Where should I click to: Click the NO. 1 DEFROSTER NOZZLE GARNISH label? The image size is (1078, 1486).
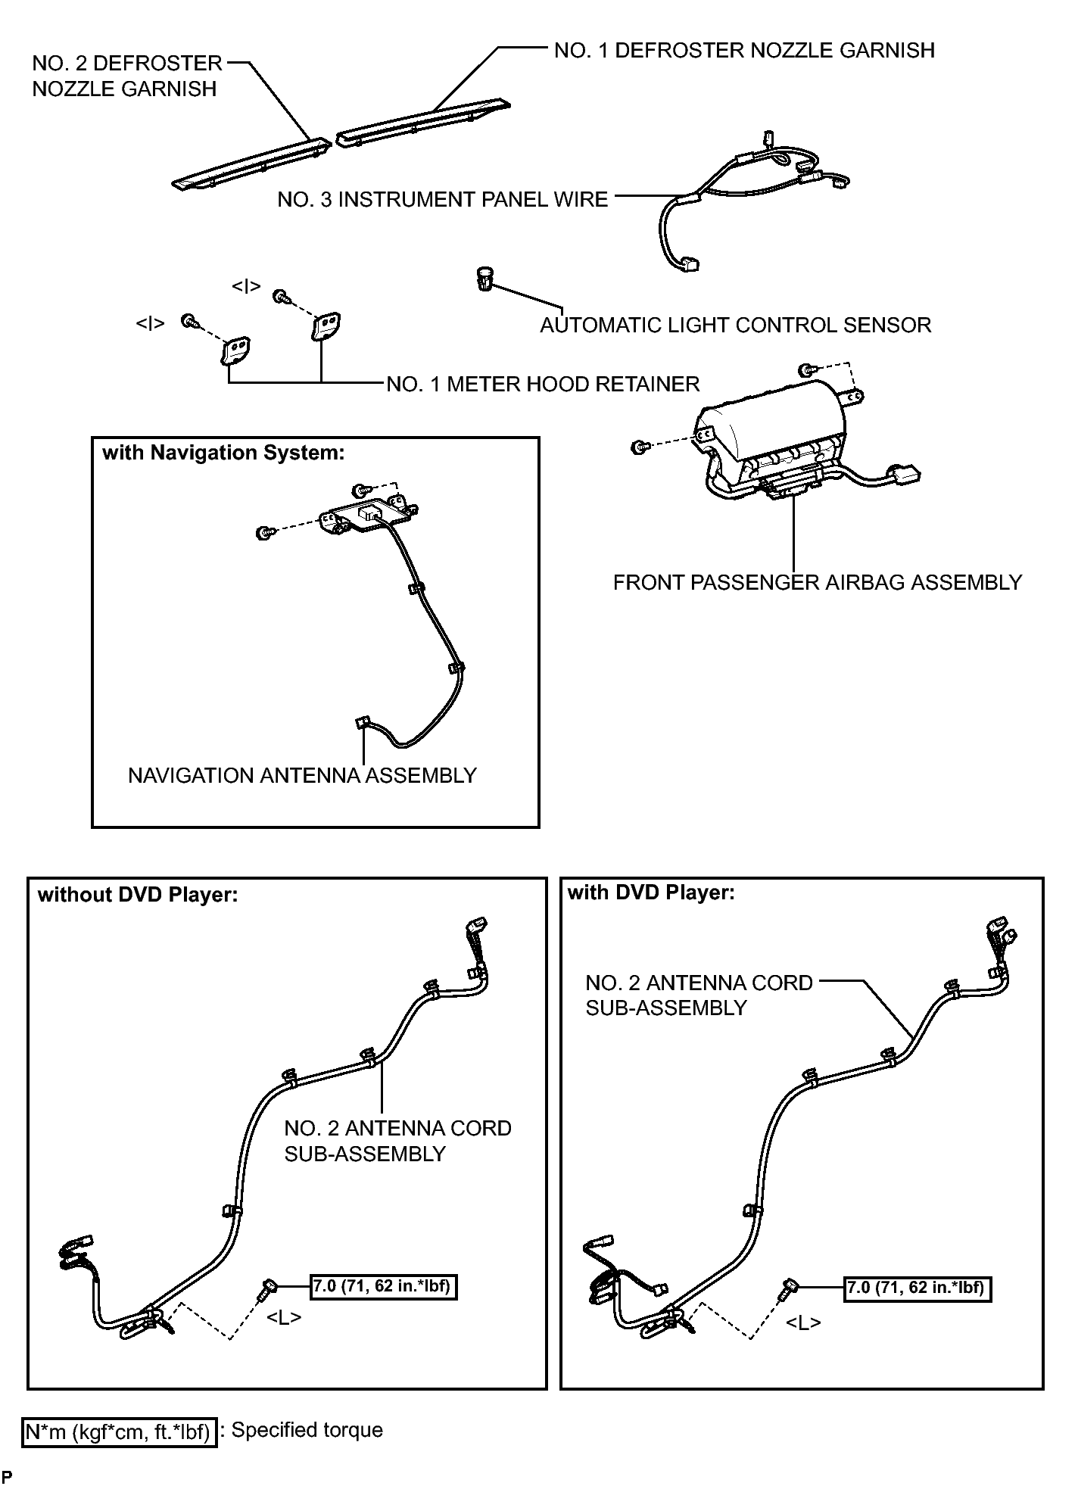coord(744,51)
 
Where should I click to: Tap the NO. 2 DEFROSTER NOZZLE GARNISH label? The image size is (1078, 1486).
coord(127,76)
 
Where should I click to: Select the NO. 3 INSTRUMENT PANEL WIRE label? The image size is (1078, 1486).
coord(443,200)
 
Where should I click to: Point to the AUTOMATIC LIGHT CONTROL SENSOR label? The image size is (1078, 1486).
coord(735,326)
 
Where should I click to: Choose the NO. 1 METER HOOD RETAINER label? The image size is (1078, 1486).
coord(543,385)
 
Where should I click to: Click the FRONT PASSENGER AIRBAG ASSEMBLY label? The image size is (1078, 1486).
coord(818,582)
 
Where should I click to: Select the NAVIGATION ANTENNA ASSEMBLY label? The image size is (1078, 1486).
coord(302,776)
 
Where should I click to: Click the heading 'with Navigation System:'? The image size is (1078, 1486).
coord(223,453)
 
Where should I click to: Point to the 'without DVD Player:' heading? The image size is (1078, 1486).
coord(138,895)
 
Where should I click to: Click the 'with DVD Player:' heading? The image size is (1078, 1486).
coord(651,893)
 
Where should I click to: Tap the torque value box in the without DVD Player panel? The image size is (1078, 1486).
coord(385,1286)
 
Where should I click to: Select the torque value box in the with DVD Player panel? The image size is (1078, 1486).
coord(918,1288)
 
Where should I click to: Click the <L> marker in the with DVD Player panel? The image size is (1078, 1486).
coord(803,1322)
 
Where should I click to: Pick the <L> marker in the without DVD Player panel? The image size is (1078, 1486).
coord(284,1318)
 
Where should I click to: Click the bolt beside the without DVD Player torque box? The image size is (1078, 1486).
coord(267,1288)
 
